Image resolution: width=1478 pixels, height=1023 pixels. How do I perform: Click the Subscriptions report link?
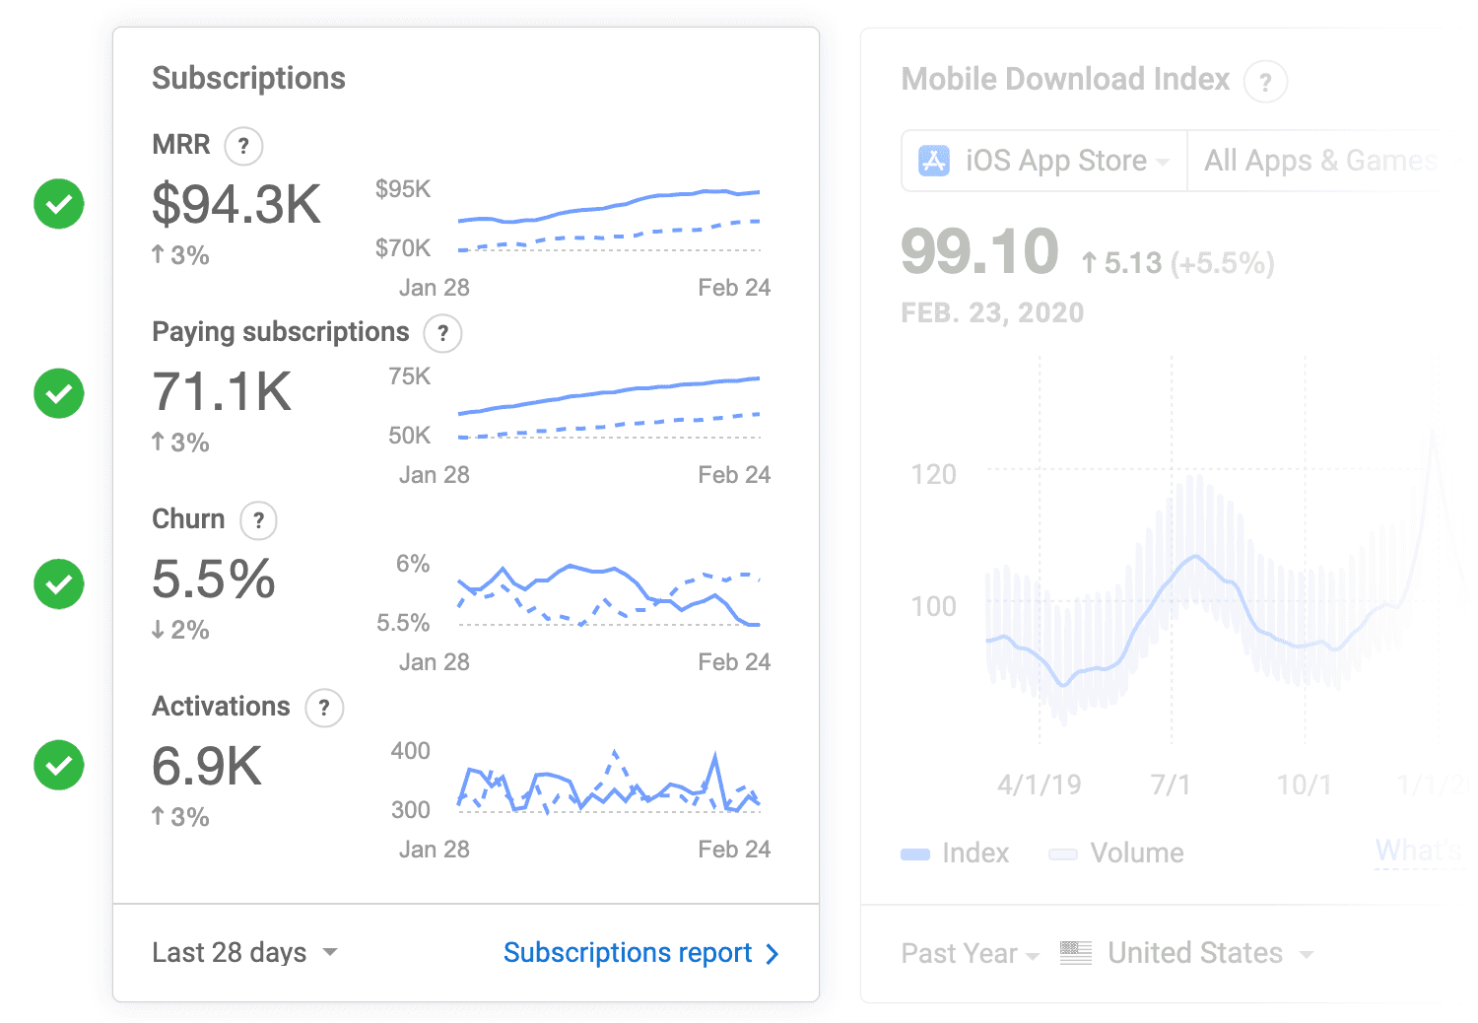click(639, 953)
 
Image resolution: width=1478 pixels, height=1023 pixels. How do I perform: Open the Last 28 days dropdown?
click(244, 953)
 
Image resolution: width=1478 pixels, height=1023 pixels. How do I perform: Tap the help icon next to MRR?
click(243, 146)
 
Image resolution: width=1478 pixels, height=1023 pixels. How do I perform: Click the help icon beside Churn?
click(258, 520)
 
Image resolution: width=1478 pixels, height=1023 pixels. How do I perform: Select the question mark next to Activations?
click(324, 708)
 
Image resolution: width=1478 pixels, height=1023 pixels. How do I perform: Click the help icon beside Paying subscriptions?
click(442, 333)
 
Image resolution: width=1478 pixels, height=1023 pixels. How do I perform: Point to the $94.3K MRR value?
click(236, 205)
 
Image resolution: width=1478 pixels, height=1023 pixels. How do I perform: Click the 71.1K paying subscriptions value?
click(222, 392)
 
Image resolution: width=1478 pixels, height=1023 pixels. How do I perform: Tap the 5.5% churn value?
click(213, 580)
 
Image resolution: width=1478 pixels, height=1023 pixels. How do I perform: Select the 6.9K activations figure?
click(207, 767)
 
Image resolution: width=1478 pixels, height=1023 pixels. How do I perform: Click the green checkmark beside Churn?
click(59, 583)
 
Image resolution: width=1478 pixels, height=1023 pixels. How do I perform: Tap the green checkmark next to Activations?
click(59, 765)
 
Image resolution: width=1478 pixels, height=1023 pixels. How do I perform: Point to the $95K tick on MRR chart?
click(403, 189)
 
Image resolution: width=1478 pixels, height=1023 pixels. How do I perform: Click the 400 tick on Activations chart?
click(410, 751)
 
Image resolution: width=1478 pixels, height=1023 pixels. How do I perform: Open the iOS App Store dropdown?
click(1044, 161)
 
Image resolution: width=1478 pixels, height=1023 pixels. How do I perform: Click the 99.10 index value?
click(979, 251)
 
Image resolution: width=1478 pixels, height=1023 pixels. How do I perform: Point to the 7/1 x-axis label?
click(1171, 785)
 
